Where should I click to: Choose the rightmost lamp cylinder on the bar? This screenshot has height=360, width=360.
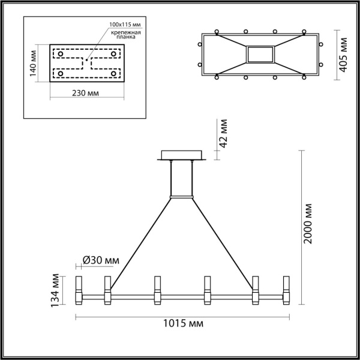click(285, 289)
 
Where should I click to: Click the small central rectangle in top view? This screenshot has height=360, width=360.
click(260, 55)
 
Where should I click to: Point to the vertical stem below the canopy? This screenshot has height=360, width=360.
click(181, 179)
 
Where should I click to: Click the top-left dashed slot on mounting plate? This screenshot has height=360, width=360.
click(68, 53)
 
